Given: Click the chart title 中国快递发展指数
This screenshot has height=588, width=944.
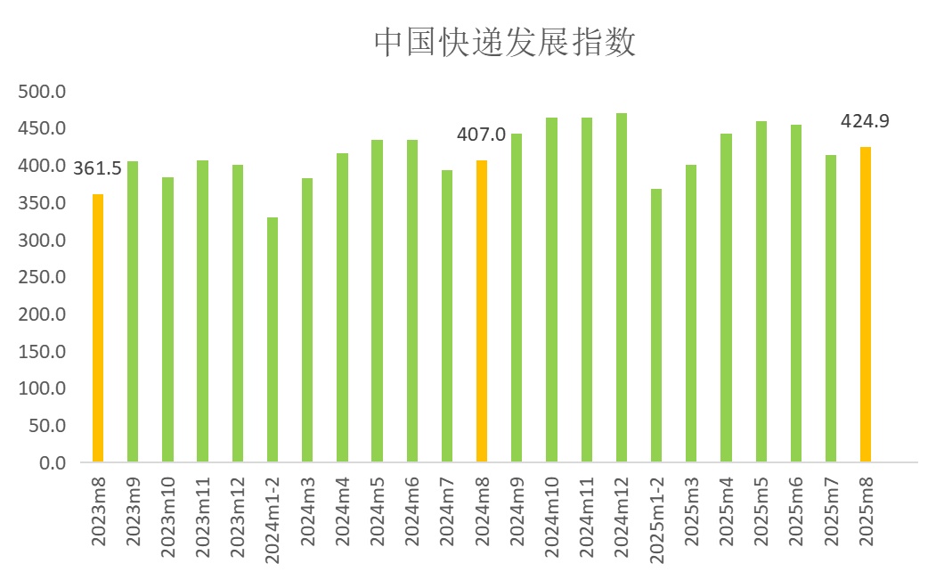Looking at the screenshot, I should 504,42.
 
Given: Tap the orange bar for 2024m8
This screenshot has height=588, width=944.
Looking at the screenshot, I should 482,311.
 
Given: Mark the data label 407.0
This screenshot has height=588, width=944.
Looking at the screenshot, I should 481,135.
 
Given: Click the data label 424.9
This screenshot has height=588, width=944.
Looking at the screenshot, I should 865,121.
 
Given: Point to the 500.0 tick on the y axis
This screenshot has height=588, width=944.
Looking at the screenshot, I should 43,92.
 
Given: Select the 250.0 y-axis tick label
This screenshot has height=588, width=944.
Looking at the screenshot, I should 43,277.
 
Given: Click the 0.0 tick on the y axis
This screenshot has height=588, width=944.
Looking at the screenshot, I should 53,463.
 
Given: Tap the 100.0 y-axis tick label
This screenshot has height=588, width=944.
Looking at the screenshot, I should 43,388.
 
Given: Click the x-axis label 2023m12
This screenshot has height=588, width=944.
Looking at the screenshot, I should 238,519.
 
